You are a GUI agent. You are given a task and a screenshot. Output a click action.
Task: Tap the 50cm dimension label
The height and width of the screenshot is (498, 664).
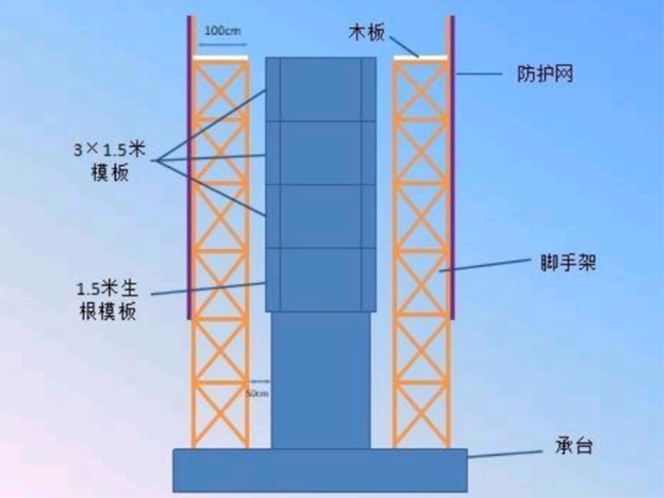coord(258,395)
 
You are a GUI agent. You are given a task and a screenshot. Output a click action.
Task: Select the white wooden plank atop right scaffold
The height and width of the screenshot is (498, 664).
coord(420,59)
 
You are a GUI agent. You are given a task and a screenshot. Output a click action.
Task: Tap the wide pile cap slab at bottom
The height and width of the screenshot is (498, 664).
coord(320,469)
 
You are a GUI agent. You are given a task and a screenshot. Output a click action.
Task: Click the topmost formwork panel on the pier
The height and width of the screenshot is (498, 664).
coord(320,89)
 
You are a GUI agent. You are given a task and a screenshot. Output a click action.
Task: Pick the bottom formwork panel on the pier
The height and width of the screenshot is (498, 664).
coord(320,279)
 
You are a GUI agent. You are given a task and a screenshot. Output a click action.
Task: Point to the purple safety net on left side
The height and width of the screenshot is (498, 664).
coord(190,166)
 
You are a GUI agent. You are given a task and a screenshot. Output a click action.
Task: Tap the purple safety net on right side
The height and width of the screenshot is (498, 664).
coord(452,166)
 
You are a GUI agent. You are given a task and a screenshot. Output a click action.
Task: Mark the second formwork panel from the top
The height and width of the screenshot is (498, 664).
coord(320,153)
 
